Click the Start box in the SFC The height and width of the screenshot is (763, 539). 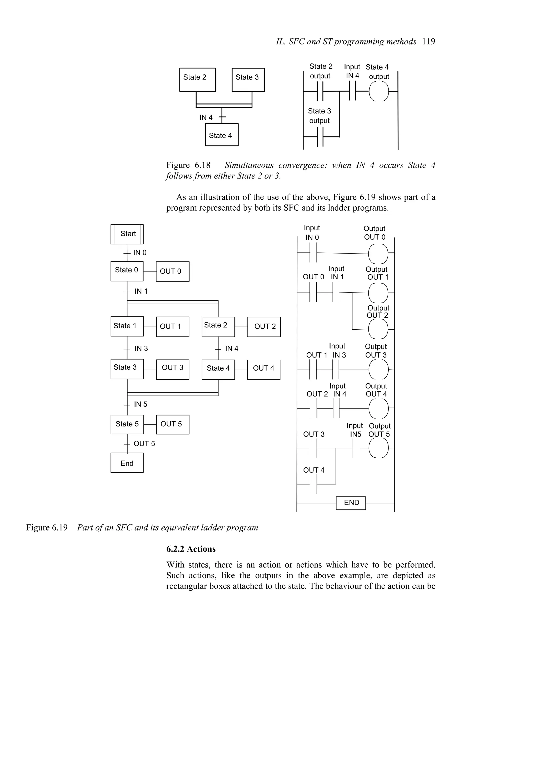tap(127, 234)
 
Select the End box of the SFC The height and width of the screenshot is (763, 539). tap(127, 463)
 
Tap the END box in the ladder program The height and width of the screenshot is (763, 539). tap(351, 502)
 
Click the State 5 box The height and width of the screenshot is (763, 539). tap(127, 424)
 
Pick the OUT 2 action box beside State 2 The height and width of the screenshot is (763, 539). tap(264, 327)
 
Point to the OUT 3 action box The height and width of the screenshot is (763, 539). tap(172, 369)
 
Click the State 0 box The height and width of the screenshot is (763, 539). tap(127, 271)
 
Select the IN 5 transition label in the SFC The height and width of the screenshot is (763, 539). tap(141, 404)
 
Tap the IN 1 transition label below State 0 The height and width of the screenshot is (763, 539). tap(141, 291)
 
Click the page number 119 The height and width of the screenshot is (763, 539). tap(428, 42)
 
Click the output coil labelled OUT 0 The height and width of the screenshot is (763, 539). tap(378, 253)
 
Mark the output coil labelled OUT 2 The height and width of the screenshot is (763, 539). tap(378, 329)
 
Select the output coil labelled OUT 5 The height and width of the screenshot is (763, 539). tap(378, 448)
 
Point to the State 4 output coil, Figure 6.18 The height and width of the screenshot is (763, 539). tap(379, 91)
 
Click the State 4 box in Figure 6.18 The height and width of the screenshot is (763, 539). tap(222, 135)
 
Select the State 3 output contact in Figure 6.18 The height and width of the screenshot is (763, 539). tap(320, 137)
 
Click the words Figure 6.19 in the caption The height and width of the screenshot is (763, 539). tap(47, 528)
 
